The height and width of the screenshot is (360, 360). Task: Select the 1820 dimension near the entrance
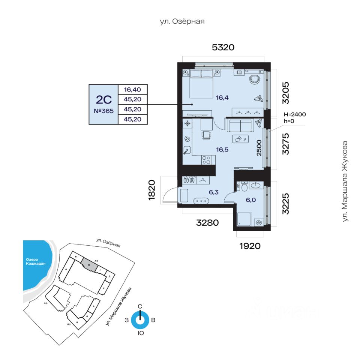click(152, 190)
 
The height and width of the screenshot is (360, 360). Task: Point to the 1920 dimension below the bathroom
click(250, 246)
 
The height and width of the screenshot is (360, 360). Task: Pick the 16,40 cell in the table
click(132, 89)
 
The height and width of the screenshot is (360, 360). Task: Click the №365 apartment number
click(103, 111)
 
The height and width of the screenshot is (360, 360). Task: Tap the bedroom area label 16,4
click(222, 98)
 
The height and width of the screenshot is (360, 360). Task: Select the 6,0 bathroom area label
click(250, 200)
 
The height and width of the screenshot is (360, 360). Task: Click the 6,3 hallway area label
click(214, 192)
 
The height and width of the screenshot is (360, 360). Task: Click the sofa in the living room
click(239, 125)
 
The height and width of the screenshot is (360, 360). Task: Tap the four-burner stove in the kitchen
click(206, 160)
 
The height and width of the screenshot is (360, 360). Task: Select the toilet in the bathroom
click(244, 186)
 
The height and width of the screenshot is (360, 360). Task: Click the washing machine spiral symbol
click(258, 222)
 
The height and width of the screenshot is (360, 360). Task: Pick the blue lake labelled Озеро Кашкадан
click(36, 262)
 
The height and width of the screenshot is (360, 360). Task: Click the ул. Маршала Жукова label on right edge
click(345, 181)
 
